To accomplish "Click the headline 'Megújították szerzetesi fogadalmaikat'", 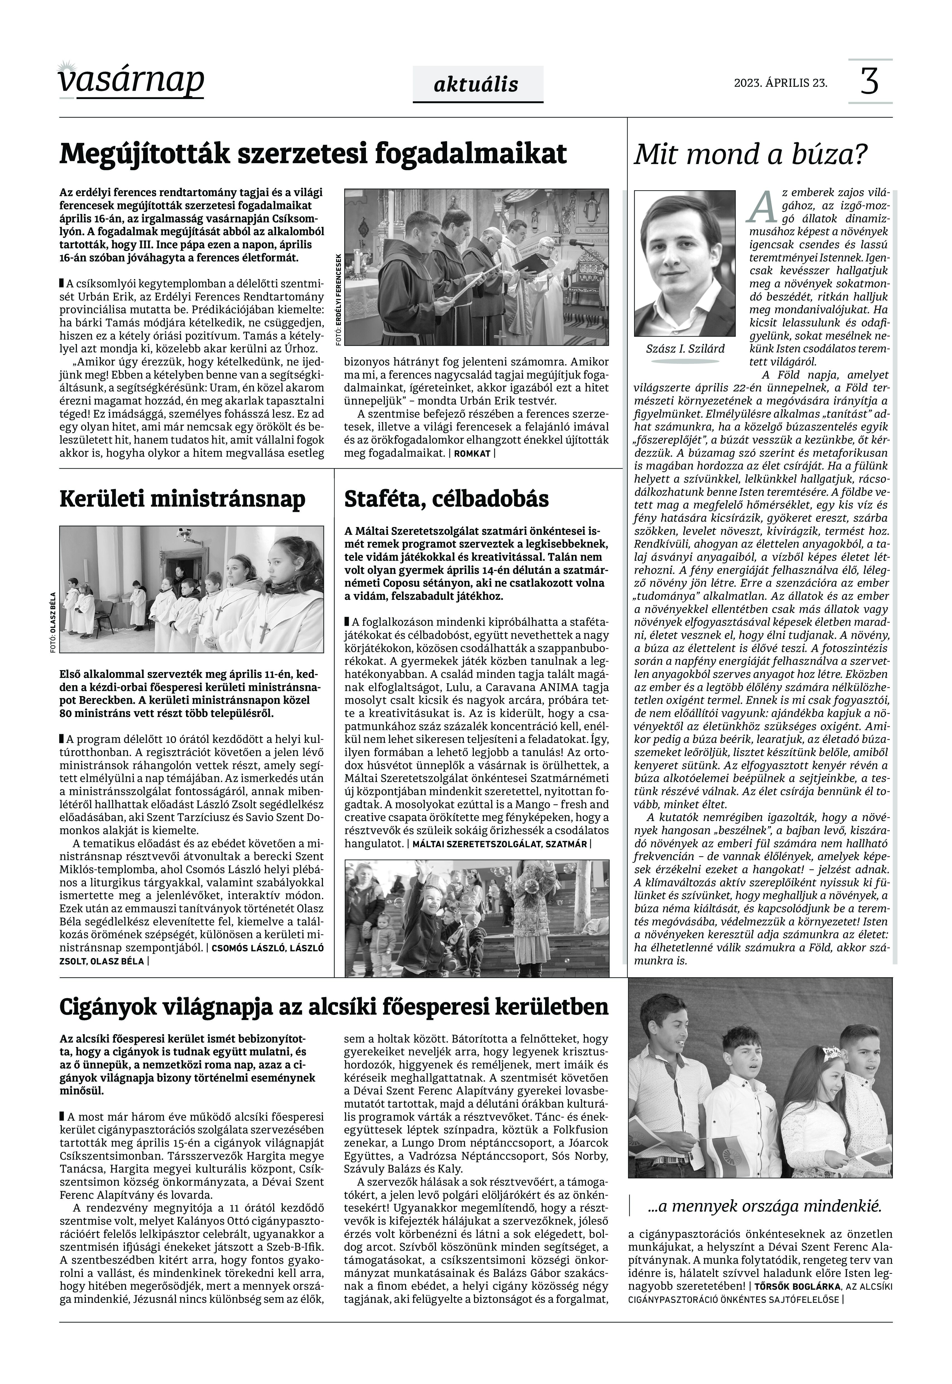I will click(313, 154).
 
